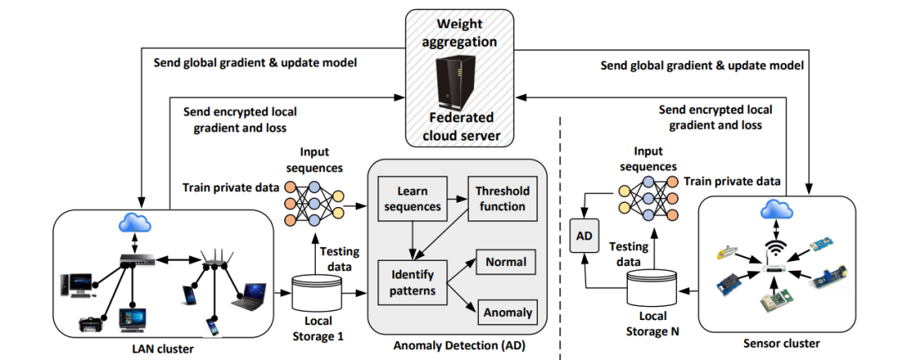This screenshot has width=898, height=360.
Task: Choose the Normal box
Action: [x=506, y=263]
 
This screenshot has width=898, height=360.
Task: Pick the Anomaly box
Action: [x=506, y=313]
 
